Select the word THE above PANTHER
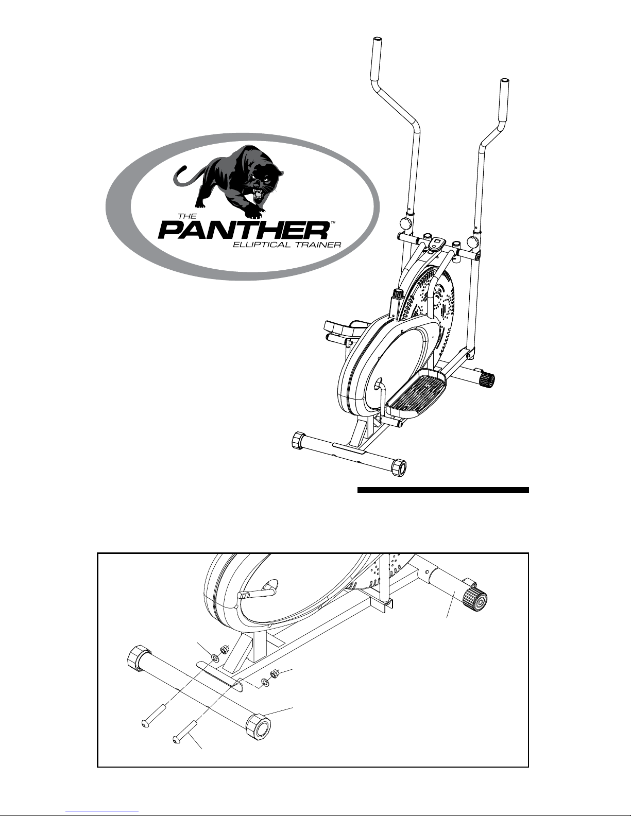(x=187, y=216)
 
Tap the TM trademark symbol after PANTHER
(x=332, y=223)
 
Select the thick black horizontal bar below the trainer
(x=443, y=490)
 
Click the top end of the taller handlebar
(x=377, y=40)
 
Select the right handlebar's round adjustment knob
(x=472, y=240)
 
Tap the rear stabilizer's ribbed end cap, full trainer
(x=487, y=379)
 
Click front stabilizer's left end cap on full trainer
(x=299, y=441)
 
